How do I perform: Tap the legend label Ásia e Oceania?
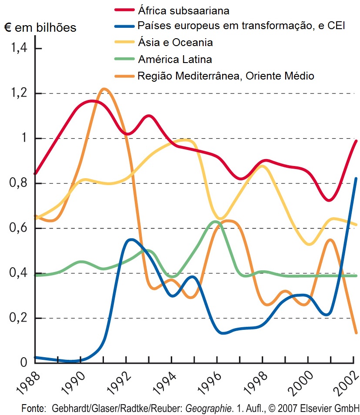tap(175, 43)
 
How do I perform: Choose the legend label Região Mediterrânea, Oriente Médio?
tap(225, 76)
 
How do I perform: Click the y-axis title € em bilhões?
tap(40, 28)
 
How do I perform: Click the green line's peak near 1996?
tap(215, 222)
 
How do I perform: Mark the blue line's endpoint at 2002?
tap(357, 178)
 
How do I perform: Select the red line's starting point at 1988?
tap(35, 173)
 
